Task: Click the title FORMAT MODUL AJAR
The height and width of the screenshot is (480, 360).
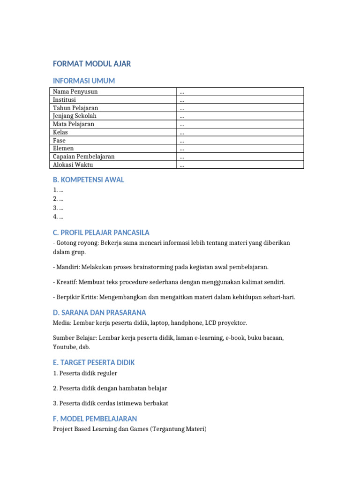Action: click(x=92, y=64)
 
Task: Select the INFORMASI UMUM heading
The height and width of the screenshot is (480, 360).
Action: click(x=84, y=81)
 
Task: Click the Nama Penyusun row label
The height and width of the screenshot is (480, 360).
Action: click(x=75, y=92)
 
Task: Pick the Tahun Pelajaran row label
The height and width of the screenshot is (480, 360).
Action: click(x=75, y=108)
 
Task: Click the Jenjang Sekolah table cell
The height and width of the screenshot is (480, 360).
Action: click(x=75, y=116)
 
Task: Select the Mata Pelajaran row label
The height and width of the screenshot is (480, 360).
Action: click(x=74, y=124)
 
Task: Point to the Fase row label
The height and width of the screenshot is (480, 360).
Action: click(x=60, y=141)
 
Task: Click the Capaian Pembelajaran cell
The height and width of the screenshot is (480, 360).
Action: click(x=84, y=157)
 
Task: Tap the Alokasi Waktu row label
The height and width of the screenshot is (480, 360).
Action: click(x=73, y=165)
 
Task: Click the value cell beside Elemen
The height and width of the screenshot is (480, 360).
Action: click(x=240, y=149)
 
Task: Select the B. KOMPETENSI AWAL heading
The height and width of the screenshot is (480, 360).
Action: click(x=89, y=180)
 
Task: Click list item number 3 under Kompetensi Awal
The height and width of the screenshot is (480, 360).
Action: click(x=58, y=208)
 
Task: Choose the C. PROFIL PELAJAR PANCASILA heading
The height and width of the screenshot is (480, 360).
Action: click(x=101, y=232)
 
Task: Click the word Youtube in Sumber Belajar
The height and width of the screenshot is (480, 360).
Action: click(x=64, y=347)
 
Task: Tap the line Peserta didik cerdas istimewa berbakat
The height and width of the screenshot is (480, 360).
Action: click(x=111, y=403)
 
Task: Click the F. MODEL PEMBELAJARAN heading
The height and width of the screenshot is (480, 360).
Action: click(x=95, y=419)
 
